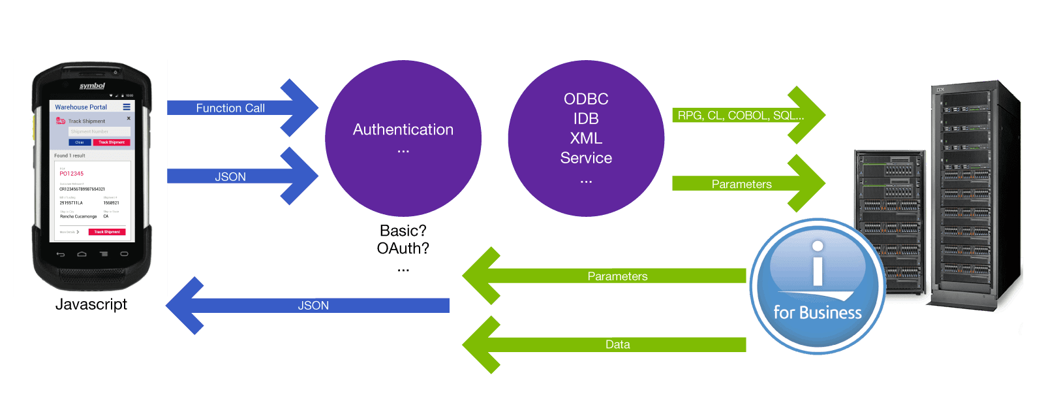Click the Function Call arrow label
(230, 108)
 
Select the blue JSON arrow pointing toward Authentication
(230, 177)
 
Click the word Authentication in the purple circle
(403, 130)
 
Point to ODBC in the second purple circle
(586, 99)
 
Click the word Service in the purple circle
(586, 158)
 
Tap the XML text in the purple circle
(586, 138)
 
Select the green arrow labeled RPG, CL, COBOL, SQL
(741, 116)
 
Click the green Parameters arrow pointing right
(741, 184)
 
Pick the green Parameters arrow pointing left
(617, 276)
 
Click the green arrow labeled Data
(617, 345)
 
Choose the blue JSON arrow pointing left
(313, 306)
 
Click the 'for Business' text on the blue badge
(817, 313)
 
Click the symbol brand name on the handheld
(92, 86)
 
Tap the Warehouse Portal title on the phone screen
(81, 107)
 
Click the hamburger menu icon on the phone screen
(127, 107)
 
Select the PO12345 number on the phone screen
(72, 174)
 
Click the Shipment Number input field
(99, 132)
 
